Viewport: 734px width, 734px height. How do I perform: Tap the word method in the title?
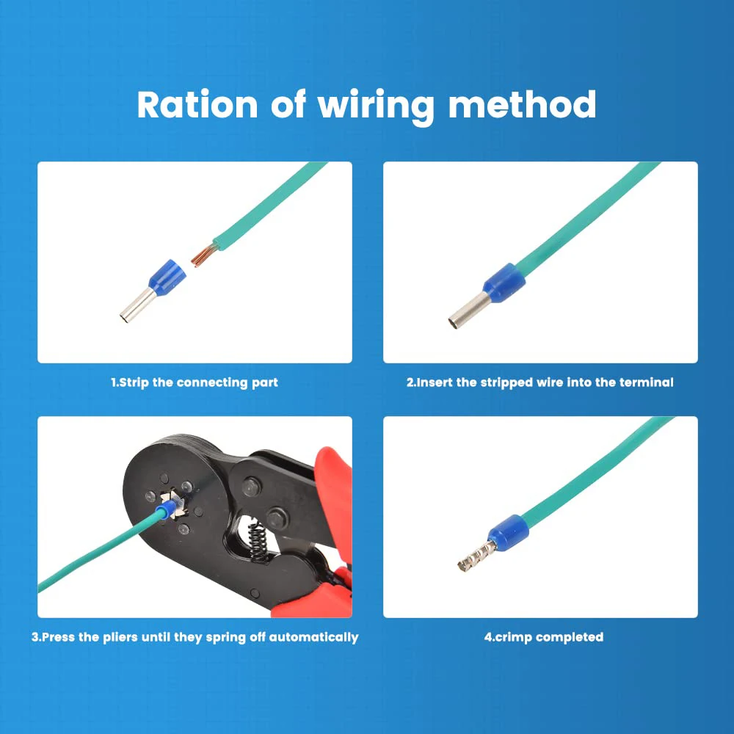tap(522, 105)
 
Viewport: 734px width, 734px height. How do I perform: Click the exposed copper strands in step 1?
tap(202, 256)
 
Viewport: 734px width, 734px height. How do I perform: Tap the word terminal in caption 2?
tap(647, 382)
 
